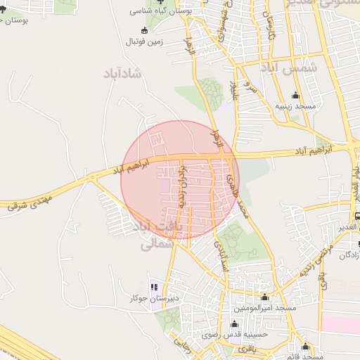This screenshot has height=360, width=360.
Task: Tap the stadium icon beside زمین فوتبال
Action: (x=145, y=30)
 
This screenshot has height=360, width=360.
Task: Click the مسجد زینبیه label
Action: (x=295, y=105)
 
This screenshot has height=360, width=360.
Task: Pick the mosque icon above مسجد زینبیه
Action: (x=295, y=96)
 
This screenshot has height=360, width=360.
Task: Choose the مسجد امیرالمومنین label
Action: (x=265, y=309)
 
